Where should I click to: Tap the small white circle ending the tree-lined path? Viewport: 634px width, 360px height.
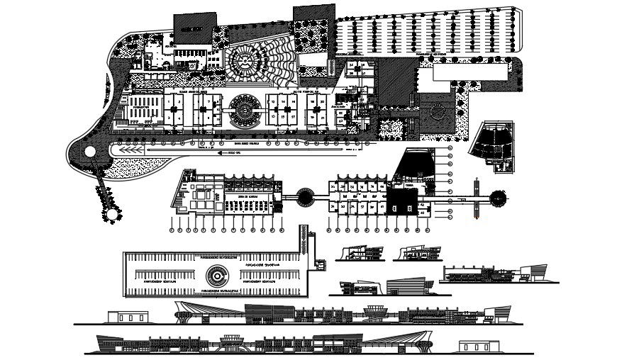pyautogui.click(x=111, y=213)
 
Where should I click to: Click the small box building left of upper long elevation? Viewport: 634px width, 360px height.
pyautogui.click(x=126, y=316)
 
